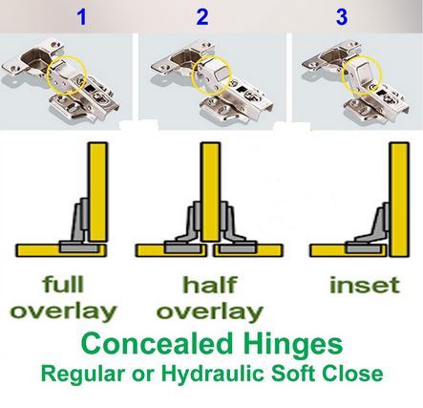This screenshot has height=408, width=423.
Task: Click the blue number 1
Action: click(x=82, y=17)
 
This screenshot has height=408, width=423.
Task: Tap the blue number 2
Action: click(x=202, y=17)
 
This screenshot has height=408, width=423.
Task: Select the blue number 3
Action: click(x=342, y=17)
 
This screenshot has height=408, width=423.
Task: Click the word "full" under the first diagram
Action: click(x=63, y=284)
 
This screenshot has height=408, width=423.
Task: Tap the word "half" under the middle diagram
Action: click(x=210, y=285)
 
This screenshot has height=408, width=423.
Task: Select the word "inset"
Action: click(x=365, y=285)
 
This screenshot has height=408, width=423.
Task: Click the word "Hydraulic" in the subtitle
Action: click(x=214, y=374)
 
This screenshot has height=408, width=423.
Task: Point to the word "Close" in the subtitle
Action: click(x=352, y=374)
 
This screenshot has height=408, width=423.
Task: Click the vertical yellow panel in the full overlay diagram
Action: click(x=98, y=192)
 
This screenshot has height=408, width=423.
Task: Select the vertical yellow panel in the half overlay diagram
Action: click(x=210, y=192)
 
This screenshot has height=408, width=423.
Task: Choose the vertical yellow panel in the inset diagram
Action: click(x=398, y=200)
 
